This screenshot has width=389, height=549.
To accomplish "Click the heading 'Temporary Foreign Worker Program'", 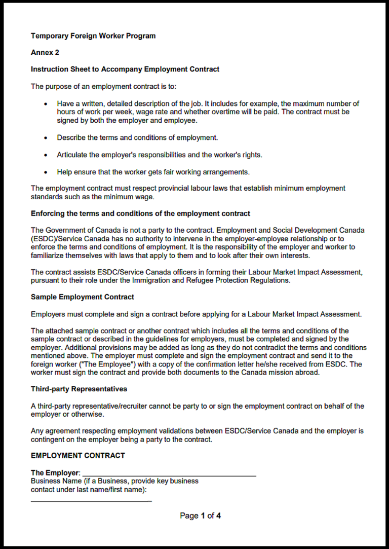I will click(x=93, y=36).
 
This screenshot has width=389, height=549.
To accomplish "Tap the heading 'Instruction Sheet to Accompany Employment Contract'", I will click(x=125, y=69).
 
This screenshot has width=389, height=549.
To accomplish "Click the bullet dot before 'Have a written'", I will click(x=46, y=104).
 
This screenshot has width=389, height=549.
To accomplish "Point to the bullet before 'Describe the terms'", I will click(x=46, y=138).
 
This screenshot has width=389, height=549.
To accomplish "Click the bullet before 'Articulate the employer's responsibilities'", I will click(x=46, y=155).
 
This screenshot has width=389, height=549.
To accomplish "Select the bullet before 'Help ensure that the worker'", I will click(x=46, y=172).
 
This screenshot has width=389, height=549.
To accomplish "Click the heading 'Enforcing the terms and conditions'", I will click(x=140, y=214).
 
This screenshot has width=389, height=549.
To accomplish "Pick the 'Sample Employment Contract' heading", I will click(x=83, y=297).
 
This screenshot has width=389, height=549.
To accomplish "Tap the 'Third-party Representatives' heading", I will click(x=79, y=389).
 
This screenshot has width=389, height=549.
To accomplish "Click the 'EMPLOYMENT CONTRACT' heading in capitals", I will click(x=78, y=456).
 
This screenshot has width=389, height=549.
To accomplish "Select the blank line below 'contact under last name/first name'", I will click(x=91, y=501).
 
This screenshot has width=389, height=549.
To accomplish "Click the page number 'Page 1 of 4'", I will click(x=201, y=516).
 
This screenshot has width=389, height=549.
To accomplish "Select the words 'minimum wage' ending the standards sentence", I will click(x=133, y=197).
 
